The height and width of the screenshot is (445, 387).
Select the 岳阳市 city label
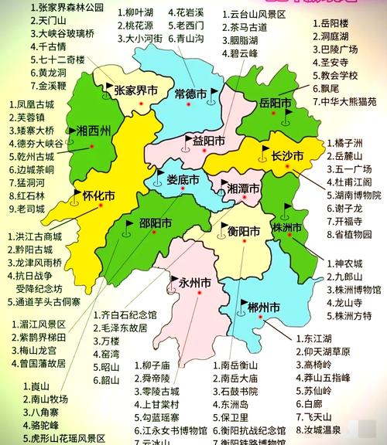(x=275, y=103)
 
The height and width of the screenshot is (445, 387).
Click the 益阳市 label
(x=209, y=141)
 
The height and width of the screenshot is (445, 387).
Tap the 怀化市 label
(x=98, y=195)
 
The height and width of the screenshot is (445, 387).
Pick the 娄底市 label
(x=183, y=179)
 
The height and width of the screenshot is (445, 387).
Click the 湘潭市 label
(x=244, y=189)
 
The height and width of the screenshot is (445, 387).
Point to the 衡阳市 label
(x=243, y=229)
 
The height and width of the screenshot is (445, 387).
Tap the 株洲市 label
(x=286, y=228)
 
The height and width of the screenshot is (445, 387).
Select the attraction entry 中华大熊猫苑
(x=349, y=100)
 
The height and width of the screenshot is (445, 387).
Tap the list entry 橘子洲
(x=344, y=144)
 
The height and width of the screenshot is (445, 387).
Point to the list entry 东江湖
(x=321, y=338)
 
